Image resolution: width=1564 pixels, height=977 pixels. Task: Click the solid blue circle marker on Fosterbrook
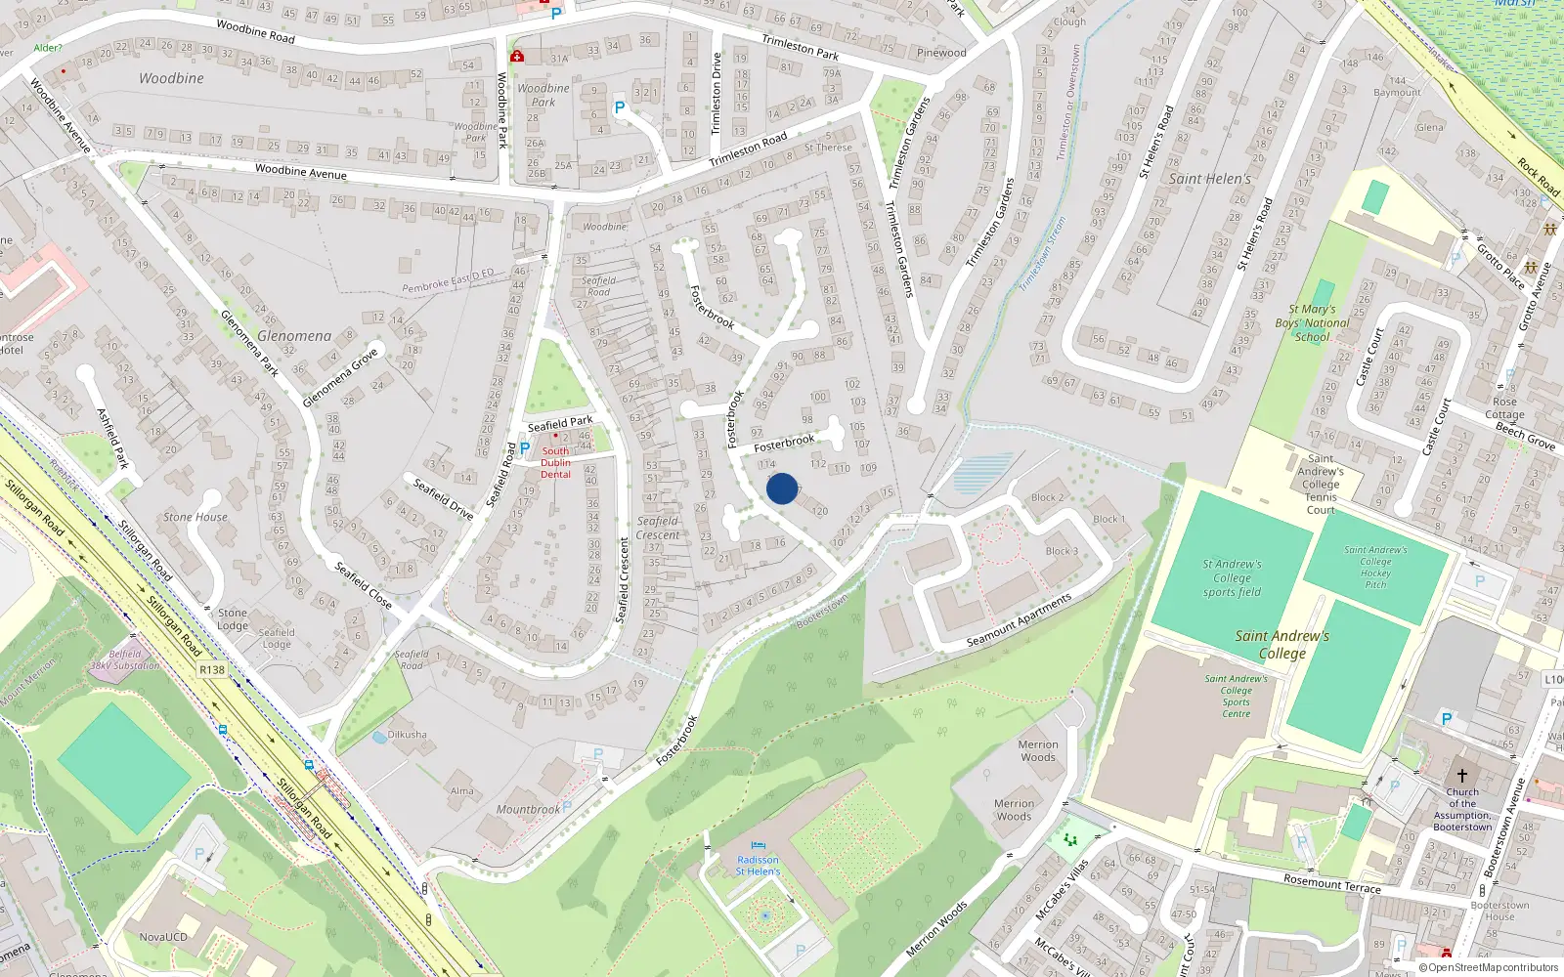tap(782, 488)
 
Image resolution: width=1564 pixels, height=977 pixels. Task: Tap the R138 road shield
tap(212, 669)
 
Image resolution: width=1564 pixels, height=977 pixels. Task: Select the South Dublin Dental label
tap(555, 463)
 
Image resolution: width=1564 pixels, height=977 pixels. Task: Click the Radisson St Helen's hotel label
tap(758, 866)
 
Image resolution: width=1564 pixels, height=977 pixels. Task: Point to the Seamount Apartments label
tap(1019, 619)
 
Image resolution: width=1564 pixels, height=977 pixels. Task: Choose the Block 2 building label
tap(1047, 497)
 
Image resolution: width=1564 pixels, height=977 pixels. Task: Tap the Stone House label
tap(195, 517)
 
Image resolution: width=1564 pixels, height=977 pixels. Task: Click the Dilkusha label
tap(407, 735)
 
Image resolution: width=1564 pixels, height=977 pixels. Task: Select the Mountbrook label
tap(528, 809)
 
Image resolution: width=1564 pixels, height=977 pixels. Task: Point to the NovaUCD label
tap(163, 937)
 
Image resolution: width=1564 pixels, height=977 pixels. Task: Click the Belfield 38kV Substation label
tap(125, 660)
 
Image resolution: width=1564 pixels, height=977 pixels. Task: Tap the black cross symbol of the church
tap(1462, 775)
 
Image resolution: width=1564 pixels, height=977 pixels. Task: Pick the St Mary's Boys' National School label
tap(1312, 323)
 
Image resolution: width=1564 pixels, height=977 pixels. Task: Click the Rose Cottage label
tap(1504, 407)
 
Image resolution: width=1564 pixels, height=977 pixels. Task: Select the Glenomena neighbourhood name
tap(294, 336)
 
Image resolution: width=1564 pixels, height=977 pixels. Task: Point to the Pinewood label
tap(941, 53)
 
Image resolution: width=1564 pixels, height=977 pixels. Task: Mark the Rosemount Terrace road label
tap(1332, 884)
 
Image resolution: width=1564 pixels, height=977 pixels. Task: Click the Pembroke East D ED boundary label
tap(449, 281)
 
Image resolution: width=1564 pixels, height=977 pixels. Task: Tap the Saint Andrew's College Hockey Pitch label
tap(1375, 567)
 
